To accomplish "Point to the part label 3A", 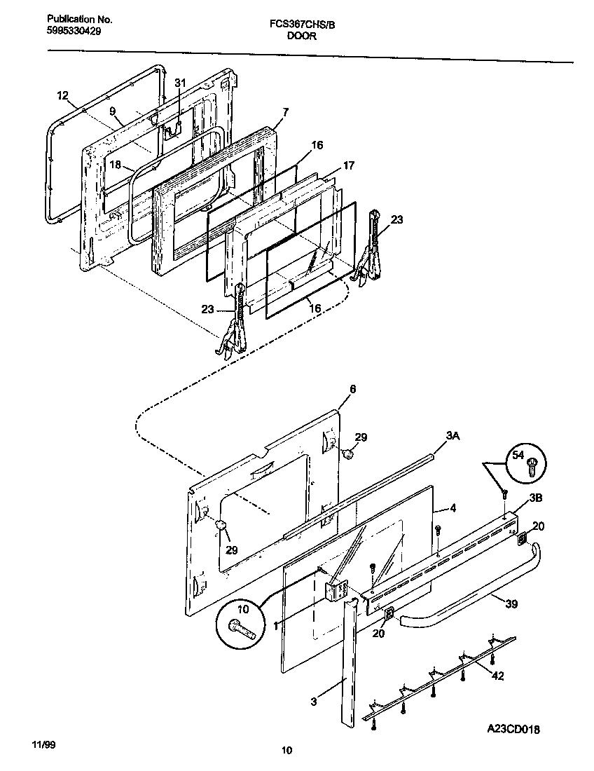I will (453, 436).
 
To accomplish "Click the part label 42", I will (497, 676).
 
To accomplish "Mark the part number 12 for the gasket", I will (62, 95).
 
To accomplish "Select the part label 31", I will (180, 83).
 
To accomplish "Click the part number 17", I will (348, 165).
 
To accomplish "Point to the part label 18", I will (116, 165).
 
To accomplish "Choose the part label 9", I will (111, 111).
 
